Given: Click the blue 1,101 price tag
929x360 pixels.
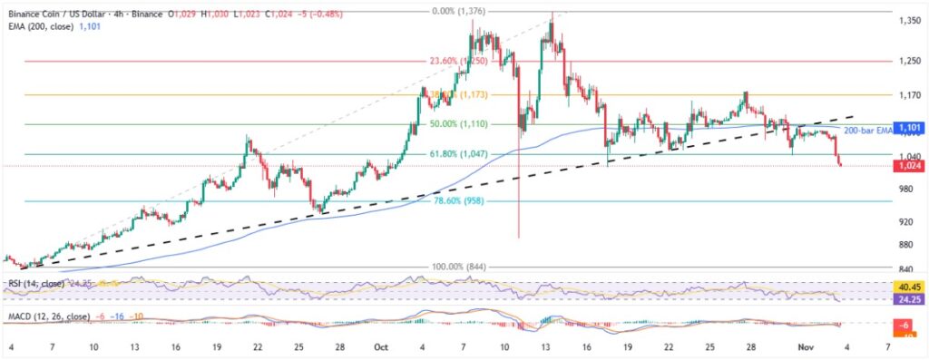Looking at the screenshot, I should coord(910,129).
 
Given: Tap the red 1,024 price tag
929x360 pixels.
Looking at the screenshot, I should coord(910,166).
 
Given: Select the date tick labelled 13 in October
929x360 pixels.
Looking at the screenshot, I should coord(547,347).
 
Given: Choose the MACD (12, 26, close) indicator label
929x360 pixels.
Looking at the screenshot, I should coord(50,316).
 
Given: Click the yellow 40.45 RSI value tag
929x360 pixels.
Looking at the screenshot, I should coord(910,287).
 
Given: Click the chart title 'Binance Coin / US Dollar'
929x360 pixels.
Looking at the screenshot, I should coord(65,15).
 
